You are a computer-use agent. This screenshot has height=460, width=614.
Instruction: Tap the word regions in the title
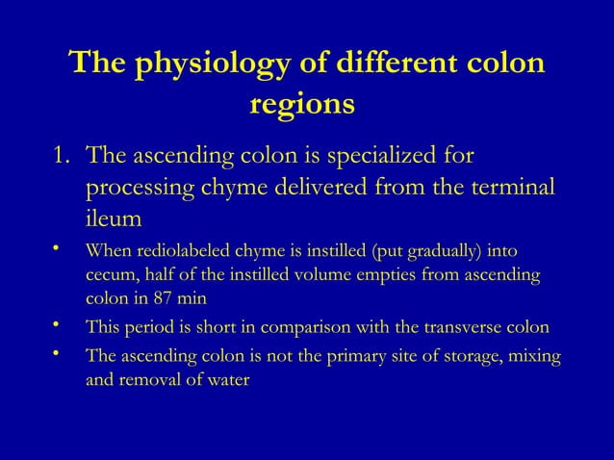click(302, 101)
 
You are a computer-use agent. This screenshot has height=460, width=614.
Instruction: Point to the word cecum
click(109, 277)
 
